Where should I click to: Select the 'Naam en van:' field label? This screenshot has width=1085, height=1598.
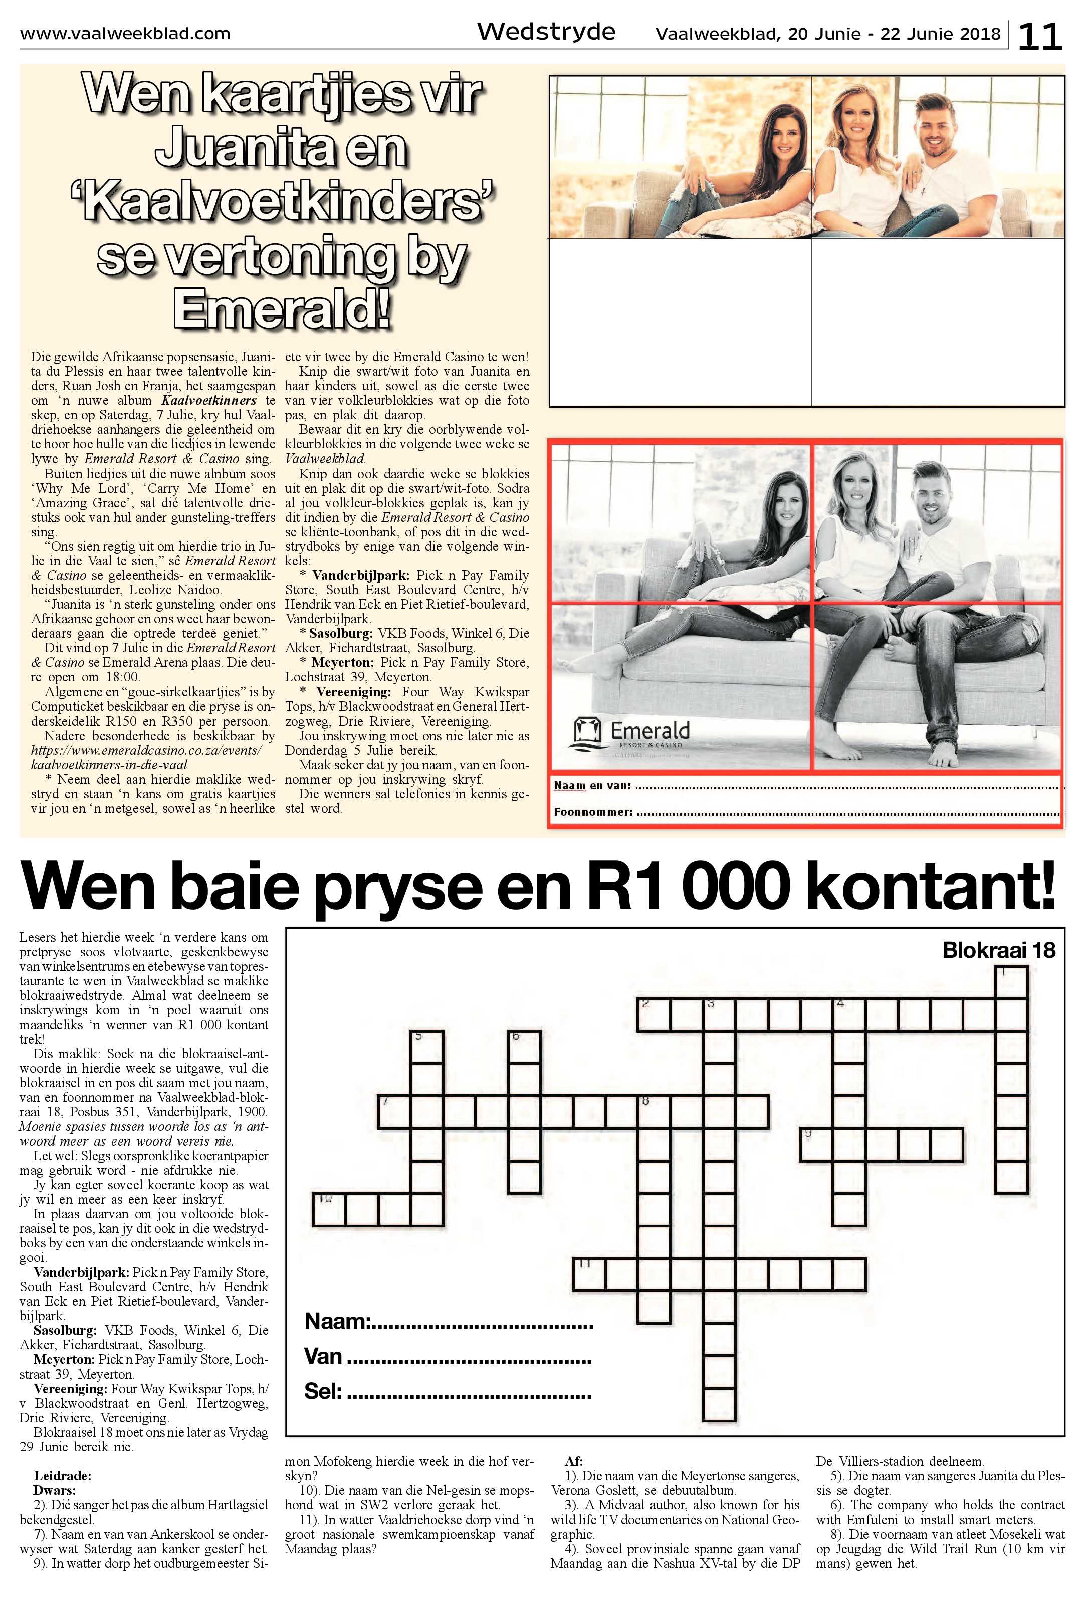tap(592, 785)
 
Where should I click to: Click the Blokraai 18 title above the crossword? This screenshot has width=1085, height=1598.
tap(998, 950)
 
